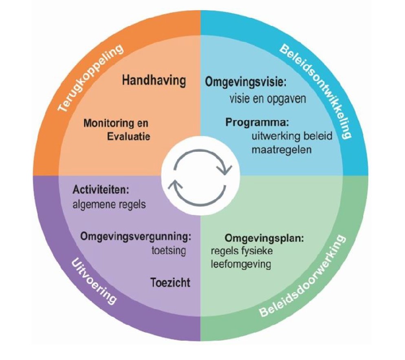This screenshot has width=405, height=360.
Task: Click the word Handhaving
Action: [154, 81]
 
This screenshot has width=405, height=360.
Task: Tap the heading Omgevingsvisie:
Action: [246, 82]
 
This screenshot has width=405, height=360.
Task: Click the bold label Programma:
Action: [257, 123]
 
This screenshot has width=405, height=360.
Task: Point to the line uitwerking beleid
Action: [292, 136]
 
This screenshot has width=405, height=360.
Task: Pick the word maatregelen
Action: [282, 150]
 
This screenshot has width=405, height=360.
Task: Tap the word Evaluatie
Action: [129, 136]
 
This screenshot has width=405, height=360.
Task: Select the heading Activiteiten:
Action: [101, 190]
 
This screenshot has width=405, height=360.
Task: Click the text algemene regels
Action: [109, 204]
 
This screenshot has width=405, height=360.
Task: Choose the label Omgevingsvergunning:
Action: [136, 237]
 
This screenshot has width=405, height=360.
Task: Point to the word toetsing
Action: [169, 250]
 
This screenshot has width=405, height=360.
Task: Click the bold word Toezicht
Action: [170, 283]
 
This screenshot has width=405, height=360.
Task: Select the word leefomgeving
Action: [241, 264]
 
